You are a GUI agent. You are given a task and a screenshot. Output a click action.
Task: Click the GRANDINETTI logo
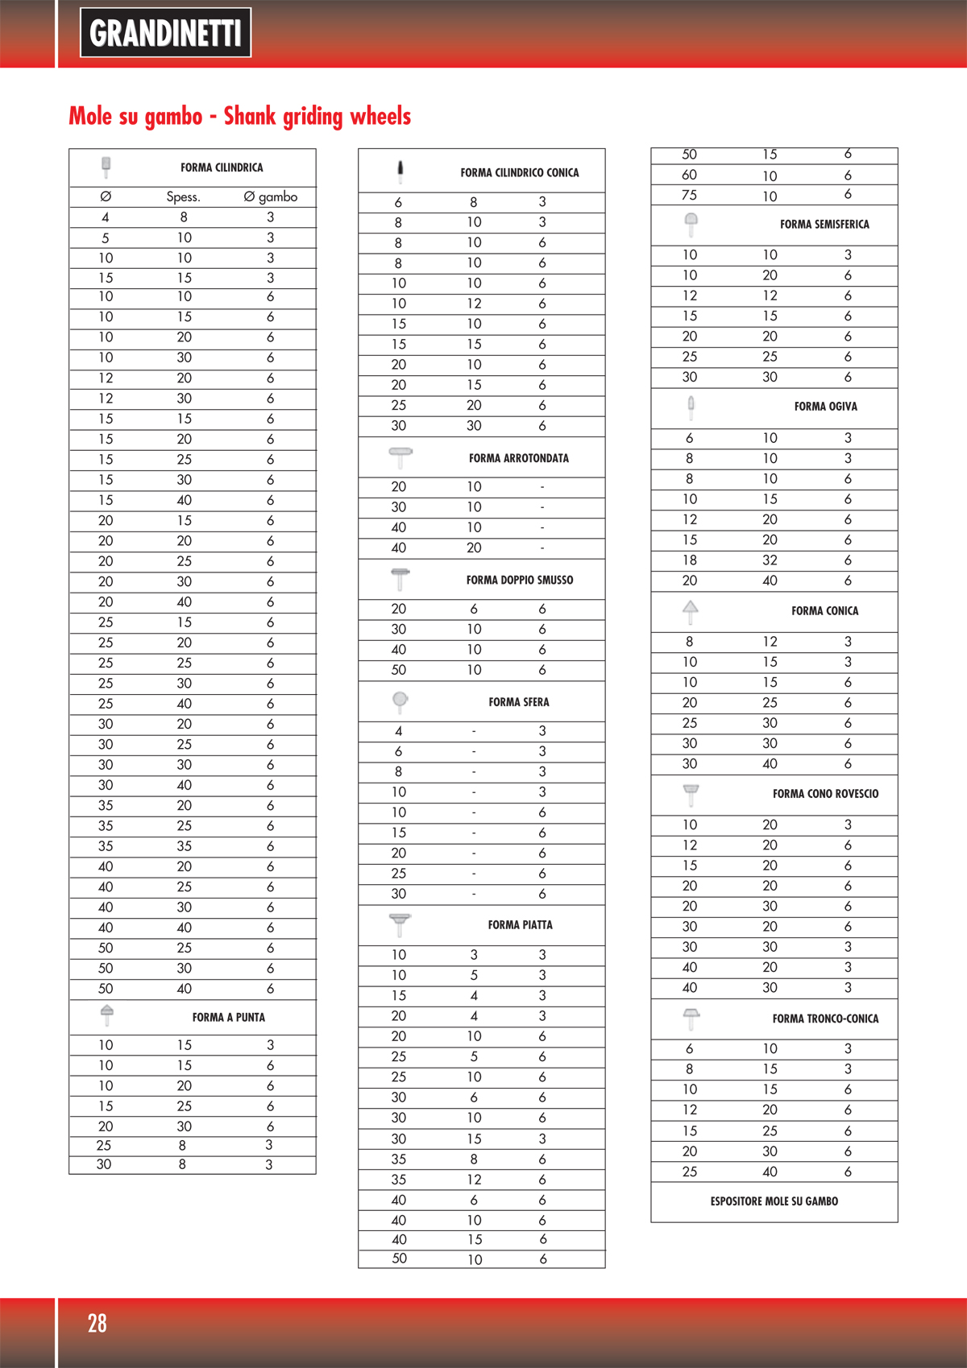point(165,33)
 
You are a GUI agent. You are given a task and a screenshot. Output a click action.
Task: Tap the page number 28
point(97,1323)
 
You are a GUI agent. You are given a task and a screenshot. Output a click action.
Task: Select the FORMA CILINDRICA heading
point(222,167)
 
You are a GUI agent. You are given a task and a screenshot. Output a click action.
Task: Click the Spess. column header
point(183,196)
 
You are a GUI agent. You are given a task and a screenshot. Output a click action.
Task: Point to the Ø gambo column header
point(270,196)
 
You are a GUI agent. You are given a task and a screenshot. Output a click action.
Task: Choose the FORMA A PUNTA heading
point(228,1017)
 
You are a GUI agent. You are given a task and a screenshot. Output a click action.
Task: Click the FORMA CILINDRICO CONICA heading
point(519,172)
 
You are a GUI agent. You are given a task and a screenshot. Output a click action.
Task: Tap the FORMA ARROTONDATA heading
point(518,458)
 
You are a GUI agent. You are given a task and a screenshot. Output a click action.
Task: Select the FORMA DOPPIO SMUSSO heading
point(519,580)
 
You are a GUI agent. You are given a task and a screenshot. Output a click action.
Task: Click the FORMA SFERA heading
point(518,702)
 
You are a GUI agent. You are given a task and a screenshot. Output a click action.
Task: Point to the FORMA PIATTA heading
point(520,925)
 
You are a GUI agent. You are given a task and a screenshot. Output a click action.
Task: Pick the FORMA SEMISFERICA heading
point(824,225)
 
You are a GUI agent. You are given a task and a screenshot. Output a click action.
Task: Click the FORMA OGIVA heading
point(825,407)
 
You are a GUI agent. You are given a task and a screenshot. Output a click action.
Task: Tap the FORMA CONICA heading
point(824,611)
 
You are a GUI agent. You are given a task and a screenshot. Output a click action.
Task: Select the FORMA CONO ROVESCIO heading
point(825,794)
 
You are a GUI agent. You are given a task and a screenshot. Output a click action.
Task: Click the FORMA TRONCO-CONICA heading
point(825,1019)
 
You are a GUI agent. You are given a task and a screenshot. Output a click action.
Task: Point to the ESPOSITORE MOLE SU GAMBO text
point(774,1201)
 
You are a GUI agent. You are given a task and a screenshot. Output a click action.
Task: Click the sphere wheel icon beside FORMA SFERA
point(400,701)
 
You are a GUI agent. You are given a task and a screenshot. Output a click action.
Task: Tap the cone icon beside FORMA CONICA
point(690,611)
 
